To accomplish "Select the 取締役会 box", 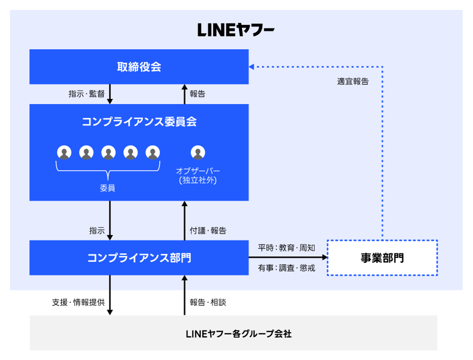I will click(x=139, y=67).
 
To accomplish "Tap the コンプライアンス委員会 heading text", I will click(x=139, y=122).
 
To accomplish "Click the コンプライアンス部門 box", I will click(x=139, y=258).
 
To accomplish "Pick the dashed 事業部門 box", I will click(x=382, y=258).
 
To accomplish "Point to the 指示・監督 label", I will click(x=86, y=94).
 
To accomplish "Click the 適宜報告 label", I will click(x=353, y=81).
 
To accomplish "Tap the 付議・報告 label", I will click(x=208, y=231).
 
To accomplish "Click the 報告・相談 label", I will click(x=208, y=302).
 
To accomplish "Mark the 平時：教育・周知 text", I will click(x=287, y=248).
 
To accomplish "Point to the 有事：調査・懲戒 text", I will click(x=287, y=268).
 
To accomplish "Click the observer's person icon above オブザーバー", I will click(x=198, y=152).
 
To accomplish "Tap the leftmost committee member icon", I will click(x=64, y=152).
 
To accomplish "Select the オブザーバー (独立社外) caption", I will click(x=198, y=175).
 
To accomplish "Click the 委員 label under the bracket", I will click(x=108, y=188).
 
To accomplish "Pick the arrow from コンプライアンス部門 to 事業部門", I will click(x=288, y=258).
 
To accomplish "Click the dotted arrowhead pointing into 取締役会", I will click(x=251, y=67).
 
